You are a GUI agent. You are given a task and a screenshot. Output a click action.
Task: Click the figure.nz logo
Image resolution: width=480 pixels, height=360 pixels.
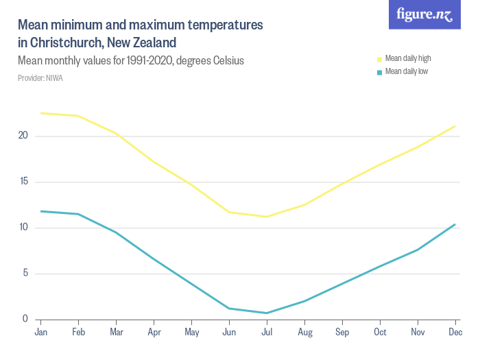pyautogui.click(x=424, y=14)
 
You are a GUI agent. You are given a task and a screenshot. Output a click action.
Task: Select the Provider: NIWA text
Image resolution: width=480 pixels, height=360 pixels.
pyautogui.click(x=40, y=77)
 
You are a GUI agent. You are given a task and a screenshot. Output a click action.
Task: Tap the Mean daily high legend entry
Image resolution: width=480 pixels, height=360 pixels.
pyautogui.click(x=407, y=58)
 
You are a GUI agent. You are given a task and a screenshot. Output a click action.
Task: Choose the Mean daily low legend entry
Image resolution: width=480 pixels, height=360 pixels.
pyautogui.click(x=406, y=71)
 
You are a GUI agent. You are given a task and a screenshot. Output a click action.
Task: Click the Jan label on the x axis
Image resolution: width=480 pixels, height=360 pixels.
pyautogui.click(x=41, y=333)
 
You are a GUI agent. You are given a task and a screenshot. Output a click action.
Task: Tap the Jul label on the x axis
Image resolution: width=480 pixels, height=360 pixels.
pyautogui.click(x=267, y=333)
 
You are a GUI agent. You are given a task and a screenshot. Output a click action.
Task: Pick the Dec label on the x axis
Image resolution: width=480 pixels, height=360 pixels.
pyautogui.click(x=455, y=333)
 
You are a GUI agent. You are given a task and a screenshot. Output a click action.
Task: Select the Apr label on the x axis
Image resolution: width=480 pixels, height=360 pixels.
pyautogui.click(x=154, y=333)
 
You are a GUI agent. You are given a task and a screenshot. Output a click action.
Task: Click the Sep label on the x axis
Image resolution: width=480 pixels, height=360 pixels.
pyautogui.click(x=342, y=333)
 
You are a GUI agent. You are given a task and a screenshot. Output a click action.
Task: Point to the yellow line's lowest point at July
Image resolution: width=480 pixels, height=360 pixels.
pyautogui.click(x=267, y=217)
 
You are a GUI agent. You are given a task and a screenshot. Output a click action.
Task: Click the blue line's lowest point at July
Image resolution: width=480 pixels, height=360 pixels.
pyautogui.click(x=267, y=313)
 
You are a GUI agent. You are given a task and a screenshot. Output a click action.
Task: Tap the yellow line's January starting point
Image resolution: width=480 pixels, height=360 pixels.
pyautogui.click(x=41, y=113)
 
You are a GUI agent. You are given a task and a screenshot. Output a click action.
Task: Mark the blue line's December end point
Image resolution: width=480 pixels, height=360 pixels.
pyautogui.click(x=455, y=224)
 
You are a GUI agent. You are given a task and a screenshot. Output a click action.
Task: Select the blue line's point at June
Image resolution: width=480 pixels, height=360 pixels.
pyautogui.click(x=229, y=309)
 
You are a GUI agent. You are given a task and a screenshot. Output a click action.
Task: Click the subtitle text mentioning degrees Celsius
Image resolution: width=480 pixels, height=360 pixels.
pyautogui.click(x=130, y=60)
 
